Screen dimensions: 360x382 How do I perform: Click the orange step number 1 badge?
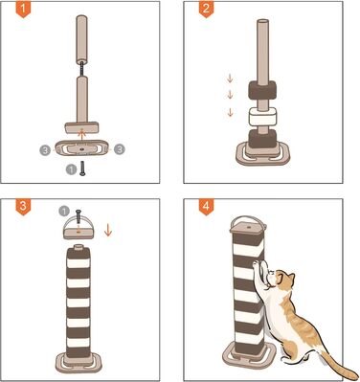coord(23,9)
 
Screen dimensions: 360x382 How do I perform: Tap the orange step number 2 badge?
coord(207,9)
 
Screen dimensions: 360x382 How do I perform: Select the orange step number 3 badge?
coord(23,207)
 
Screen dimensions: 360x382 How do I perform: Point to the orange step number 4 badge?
coord(207,207)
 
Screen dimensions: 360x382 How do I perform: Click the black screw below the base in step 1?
coord(82,169)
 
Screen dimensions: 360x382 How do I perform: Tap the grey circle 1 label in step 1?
coord(71,169)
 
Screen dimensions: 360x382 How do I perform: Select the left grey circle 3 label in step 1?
coord(45,150)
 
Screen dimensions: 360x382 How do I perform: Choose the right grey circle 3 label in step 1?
coord(120,149)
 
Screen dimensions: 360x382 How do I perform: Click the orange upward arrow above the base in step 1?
coord(82,135)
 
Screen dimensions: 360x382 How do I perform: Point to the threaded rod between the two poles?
coord(82,70)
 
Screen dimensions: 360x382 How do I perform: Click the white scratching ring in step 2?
coord(262,117)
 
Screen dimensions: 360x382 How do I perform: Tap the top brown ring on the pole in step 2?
coord(261,89)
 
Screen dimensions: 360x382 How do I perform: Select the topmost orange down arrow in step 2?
coord(230,79)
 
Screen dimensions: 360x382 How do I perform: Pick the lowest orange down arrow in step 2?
coord(230,112)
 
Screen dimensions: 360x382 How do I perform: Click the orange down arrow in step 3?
coord(108,230)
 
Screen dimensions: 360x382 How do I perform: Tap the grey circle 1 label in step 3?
coord(64,211)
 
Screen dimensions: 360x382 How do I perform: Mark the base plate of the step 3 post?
coord(79,363)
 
